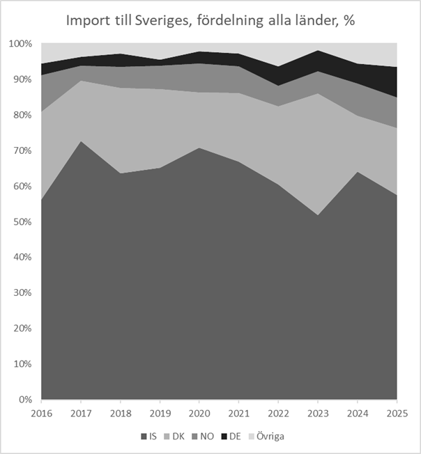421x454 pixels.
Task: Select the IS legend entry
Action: click(148, 437)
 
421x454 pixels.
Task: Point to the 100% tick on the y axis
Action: click(20, 44)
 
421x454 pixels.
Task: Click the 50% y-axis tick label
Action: click(22, 222)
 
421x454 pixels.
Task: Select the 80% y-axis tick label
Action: click(22, 115)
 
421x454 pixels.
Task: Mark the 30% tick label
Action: click(22, 293)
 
